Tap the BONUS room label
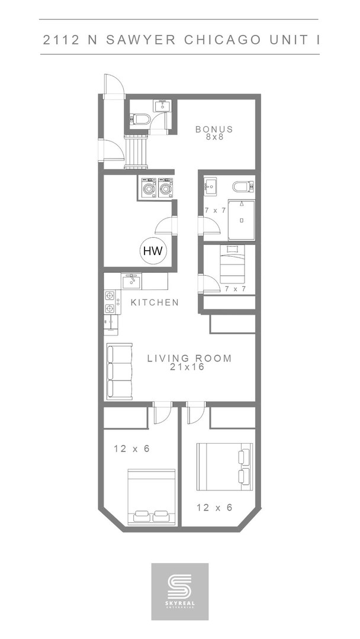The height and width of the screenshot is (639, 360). click(214, 129)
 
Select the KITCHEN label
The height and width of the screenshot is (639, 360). click(155, 302)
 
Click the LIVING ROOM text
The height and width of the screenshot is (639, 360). click(189, 358)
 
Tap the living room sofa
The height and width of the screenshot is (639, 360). click(119, 372)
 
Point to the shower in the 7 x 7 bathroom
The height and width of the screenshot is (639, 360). click(241, 220)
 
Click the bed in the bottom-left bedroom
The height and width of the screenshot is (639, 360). click(152, 496)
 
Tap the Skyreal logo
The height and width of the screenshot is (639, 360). click(180, 591)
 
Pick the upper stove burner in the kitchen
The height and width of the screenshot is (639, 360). click(110, 295)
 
